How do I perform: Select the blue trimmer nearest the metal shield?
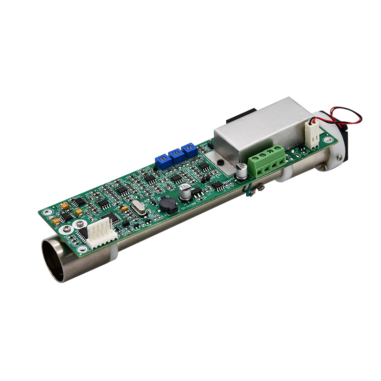tap(190, 150)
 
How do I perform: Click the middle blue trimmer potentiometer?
tap(176, 155)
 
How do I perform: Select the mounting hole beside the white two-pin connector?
tap(328, 140)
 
